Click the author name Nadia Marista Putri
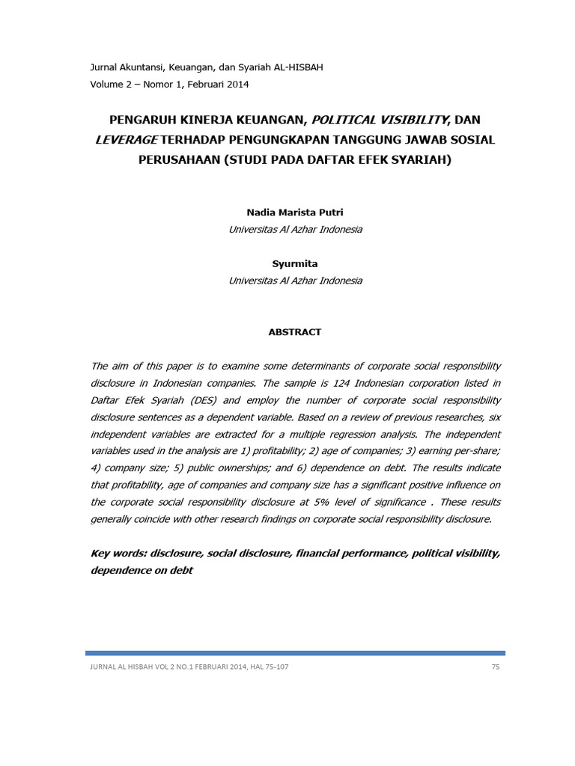295,213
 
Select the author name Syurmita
295,264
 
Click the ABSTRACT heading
295,331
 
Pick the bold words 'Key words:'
118,553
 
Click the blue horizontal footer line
295,653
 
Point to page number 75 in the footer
496,667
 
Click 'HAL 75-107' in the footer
267,667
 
